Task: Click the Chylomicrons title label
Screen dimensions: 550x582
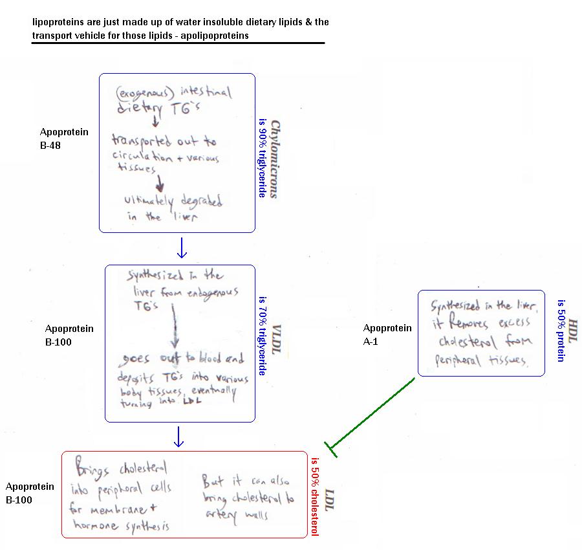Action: (274, 159)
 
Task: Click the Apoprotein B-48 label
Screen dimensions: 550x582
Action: (64, 138)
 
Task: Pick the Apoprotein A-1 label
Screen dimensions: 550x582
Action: (387, 334)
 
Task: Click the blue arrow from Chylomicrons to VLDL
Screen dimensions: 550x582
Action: (182, 247)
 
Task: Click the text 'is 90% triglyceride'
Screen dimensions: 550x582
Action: (263, 159)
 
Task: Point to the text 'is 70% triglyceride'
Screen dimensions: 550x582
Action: (263, 336)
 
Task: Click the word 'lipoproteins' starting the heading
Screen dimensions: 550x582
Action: (56, 22)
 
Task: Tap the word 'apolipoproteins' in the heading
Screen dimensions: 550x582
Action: (216, 36)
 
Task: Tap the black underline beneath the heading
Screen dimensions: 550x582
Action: (178, 43)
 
